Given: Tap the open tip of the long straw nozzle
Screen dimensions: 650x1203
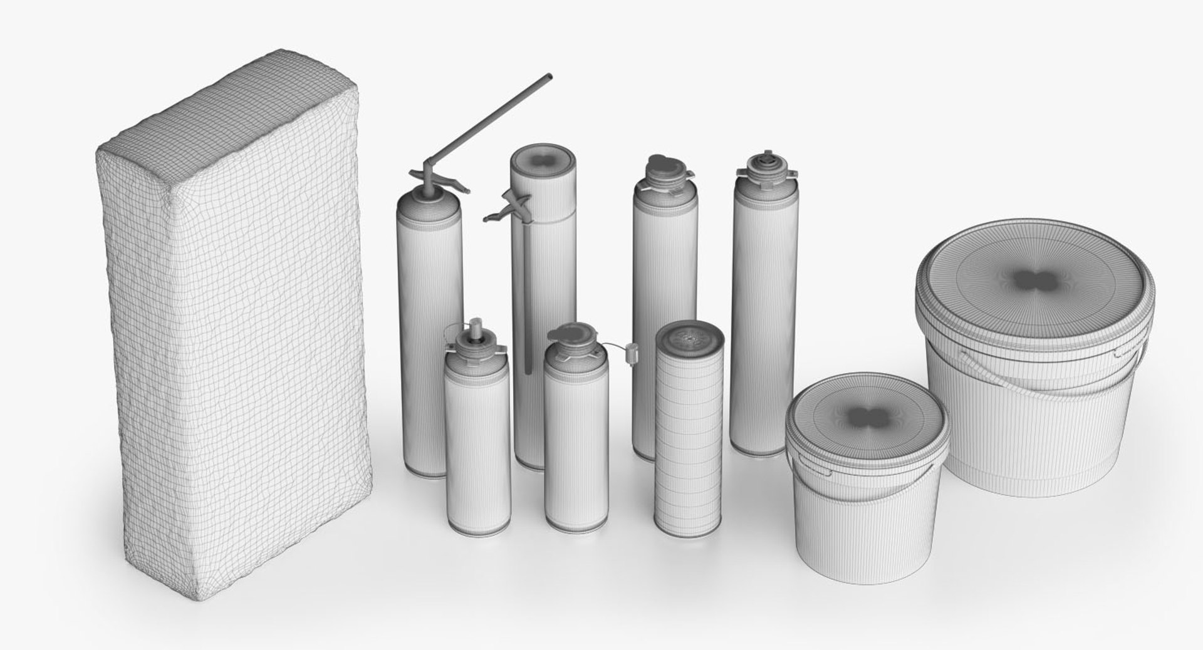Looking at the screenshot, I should point(549,77).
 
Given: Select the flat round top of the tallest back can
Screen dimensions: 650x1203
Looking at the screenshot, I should point(543,161).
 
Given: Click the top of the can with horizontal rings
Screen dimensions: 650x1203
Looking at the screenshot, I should point(690,339).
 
